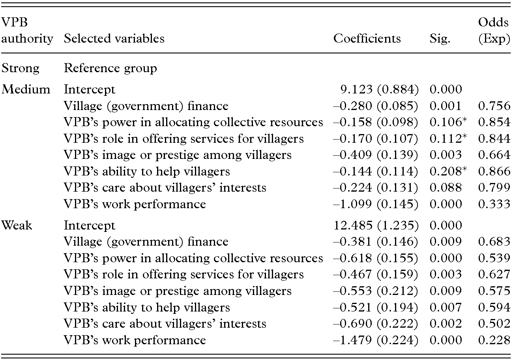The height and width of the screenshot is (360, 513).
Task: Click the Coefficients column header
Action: [x=367, y=39]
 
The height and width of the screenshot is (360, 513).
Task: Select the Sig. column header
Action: [x=440, y=39]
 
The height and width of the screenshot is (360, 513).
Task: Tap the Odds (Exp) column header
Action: [x=494, y=31]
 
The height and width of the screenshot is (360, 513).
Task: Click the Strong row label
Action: [x=21, y=68]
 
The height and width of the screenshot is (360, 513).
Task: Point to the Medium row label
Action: [x=26, y=90]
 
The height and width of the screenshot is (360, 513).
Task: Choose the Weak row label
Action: [x=17, y=226]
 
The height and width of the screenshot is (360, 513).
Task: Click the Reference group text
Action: [x=110, y=68]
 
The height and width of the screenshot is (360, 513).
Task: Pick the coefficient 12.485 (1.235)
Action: [x=376, y=226]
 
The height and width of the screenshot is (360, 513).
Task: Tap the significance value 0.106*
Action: [x=446, y=122]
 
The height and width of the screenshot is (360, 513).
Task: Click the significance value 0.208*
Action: [x=446, y=171]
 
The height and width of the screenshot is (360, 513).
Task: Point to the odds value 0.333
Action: [x=494, y=204]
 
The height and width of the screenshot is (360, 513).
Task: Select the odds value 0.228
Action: [x=494, y=340]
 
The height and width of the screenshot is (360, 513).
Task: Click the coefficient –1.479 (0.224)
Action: [x=376, y=340]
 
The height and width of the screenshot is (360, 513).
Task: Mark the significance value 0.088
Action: [x=446, y=188]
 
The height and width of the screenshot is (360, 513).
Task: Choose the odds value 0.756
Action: [x=494, y=106]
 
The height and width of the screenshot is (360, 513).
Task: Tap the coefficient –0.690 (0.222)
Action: [x=376, y=324]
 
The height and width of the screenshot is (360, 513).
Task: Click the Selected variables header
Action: [x=114, y=39]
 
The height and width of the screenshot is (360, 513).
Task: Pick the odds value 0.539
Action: [x=494, y=258]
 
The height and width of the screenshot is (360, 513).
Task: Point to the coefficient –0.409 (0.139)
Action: [x=376, y=155]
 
